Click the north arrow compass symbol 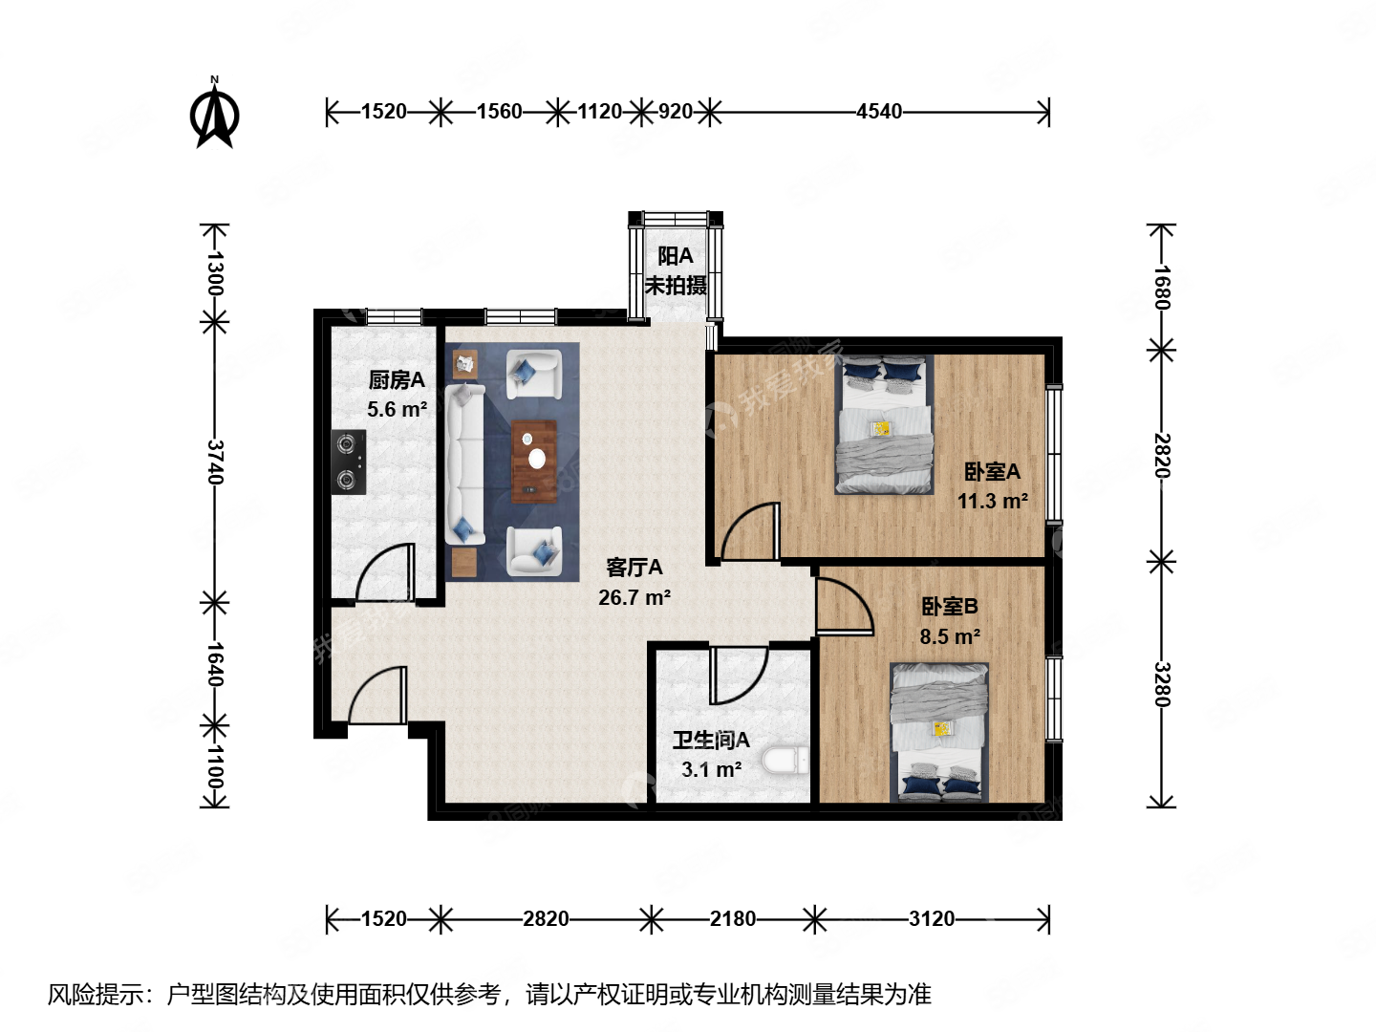click(x=215, y=115)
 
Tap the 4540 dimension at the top click(x=878, y=112)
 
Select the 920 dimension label click(x=675, y=112)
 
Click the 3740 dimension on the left click(x=215, y=462)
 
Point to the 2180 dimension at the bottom click(x=732, y=919)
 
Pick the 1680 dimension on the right click(x=1161, y=287)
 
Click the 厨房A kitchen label click(x=397, y=380)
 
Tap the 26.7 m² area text click(x=634, y=598)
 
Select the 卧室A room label click(x=992, y=472)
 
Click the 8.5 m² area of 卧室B click(x=950, y=637)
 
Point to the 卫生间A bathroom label click(x=711, y=741)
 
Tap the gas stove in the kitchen click(x=349, y=462)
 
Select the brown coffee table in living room click(x=534, y=461)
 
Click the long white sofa click(x=464, y=463)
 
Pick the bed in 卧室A click(x=884, y=425)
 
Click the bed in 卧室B click(x=939, y=732)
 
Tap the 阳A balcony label click(x=676, y=256)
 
